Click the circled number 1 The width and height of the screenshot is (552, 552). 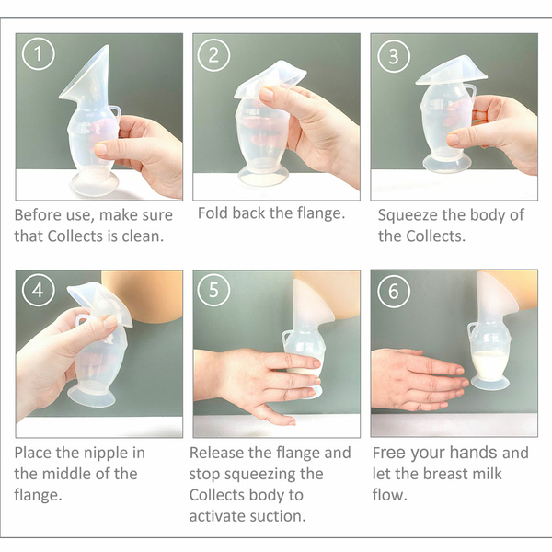tap(38, 54)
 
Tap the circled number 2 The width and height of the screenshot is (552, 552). tap(213, 55)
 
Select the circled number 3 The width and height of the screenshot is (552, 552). tap(394, 56)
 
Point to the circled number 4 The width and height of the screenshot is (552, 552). tap(38, 290)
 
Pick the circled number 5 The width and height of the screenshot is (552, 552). tap(213, 290)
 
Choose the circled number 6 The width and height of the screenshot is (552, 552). tap(394, 292)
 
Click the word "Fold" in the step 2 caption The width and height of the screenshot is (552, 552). tap(212, 213)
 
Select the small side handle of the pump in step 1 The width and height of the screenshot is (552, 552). tap(115, 113)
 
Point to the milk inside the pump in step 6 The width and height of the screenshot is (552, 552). tap(490, 365)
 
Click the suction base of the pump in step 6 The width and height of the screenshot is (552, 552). tap(490, 383)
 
